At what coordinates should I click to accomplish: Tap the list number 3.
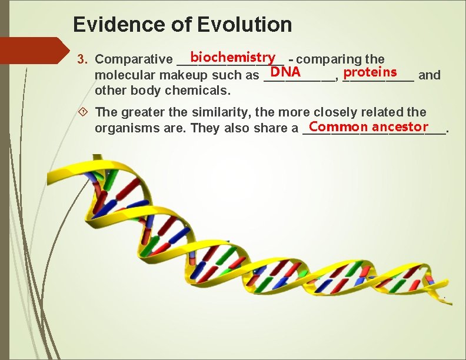point(83,59)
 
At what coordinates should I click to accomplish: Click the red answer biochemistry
point(233,57)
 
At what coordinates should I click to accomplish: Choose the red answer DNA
point(285,72)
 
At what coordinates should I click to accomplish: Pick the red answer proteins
point(371,72)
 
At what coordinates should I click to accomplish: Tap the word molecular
point(121,75)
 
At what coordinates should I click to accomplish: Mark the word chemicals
point(198,91)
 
